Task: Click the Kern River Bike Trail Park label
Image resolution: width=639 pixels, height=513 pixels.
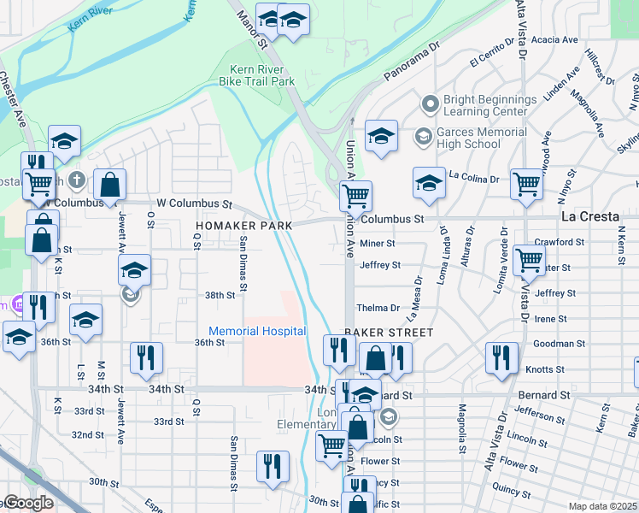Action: (262, 75)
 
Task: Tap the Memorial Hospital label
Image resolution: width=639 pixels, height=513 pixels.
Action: (257, 331)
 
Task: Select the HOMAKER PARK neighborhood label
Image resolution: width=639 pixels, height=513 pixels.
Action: (243, 225)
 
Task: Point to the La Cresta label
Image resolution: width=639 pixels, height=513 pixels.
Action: (589, 216)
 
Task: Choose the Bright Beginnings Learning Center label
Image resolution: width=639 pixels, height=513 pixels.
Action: (490, 106)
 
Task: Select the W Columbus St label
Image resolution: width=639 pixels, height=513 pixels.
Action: (194, 203)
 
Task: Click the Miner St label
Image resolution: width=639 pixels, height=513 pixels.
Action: (377, 244)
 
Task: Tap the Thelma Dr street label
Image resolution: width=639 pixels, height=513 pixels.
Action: (378, 308)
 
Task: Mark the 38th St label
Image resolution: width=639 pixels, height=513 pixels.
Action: (220, 295)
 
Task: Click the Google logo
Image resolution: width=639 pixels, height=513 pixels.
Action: (28, 504)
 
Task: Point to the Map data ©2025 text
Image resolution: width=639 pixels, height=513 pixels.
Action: (603, 506)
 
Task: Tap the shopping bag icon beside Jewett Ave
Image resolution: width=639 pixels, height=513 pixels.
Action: (110, 183)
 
